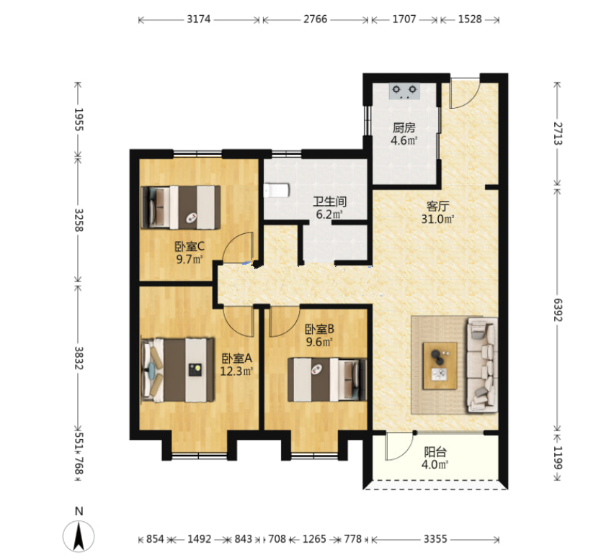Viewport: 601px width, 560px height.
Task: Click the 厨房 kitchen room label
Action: (404, 127)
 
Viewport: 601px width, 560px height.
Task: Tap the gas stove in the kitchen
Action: (404, 91)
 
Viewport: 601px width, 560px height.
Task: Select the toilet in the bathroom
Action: (276, 190)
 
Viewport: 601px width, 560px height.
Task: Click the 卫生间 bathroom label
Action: (329, 202)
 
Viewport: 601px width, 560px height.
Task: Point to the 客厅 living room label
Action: (437, 207)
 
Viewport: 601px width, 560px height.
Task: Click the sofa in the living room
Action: (482, 365)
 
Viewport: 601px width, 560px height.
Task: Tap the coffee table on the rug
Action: (440, 366)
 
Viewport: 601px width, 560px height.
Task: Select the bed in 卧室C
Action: (181, 207)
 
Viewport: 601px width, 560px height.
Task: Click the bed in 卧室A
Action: (178, 370)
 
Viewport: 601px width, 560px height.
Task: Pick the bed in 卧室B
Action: (327, 380)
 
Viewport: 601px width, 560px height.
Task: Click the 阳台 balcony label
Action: (435, 452)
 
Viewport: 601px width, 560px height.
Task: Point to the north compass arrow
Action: (79, 536)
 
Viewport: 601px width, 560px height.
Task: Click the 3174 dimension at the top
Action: (199, 19)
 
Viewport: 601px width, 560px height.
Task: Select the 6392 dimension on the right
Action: (558, 310)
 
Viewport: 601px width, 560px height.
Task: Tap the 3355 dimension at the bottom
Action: (435, 539)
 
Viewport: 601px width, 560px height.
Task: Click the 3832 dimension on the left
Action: (79, 358)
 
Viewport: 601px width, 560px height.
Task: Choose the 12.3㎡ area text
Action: (236, 371)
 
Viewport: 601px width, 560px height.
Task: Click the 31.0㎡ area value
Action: (437, 219)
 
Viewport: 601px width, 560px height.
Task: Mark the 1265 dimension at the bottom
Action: (314, 539)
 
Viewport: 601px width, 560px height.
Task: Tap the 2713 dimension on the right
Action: (558, 133)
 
